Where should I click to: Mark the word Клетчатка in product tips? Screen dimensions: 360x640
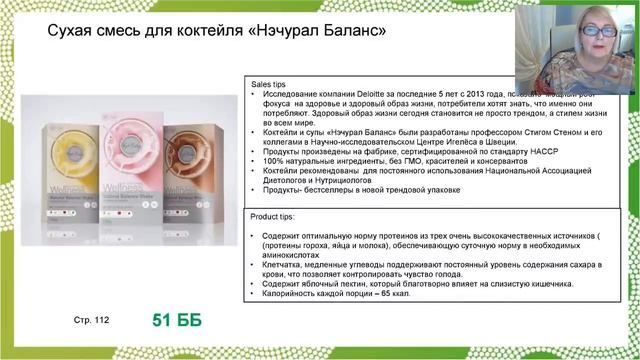(x=283, y=255)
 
